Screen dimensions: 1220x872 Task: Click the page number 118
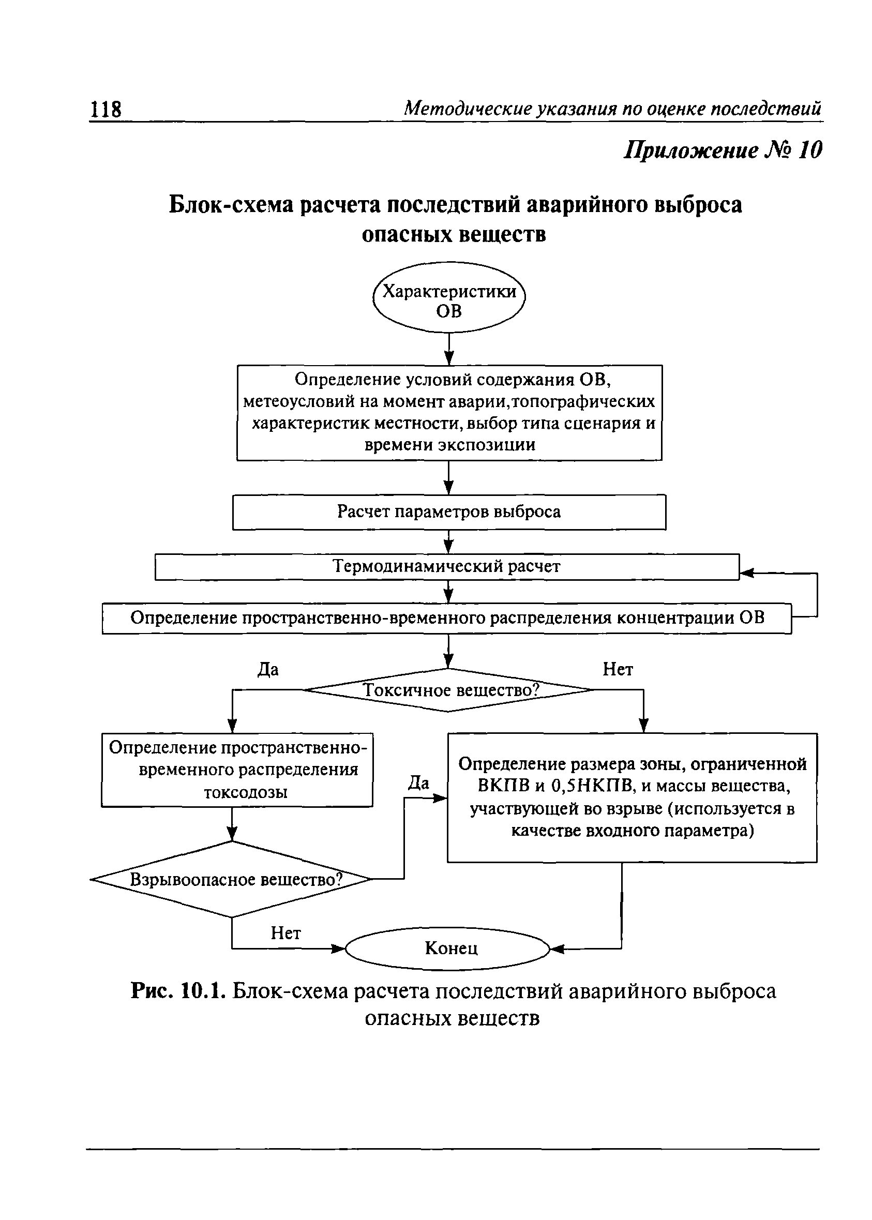(106, 110)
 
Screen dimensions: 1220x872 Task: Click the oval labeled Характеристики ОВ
(449, 297)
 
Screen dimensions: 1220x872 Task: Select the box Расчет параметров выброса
(449, 511)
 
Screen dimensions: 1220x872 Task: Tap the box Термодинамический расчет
(447, 566)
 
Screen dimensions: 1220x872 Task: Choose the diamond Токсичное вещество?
(449, 690)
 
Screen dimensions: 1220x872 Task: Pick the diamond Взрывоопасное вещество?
(232, 880)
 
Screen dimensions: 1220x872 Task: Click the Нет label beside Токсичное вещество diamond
(618, 669)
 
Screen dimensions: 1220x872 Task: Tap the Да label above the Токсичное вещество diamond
(268, 670)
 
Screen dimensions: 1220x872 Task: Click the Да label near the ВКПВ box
(418, 782)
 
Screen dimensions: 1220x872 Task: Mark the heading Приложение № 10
(722, 150)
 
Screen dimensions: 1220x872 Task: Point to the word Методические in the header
(467, 109)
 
